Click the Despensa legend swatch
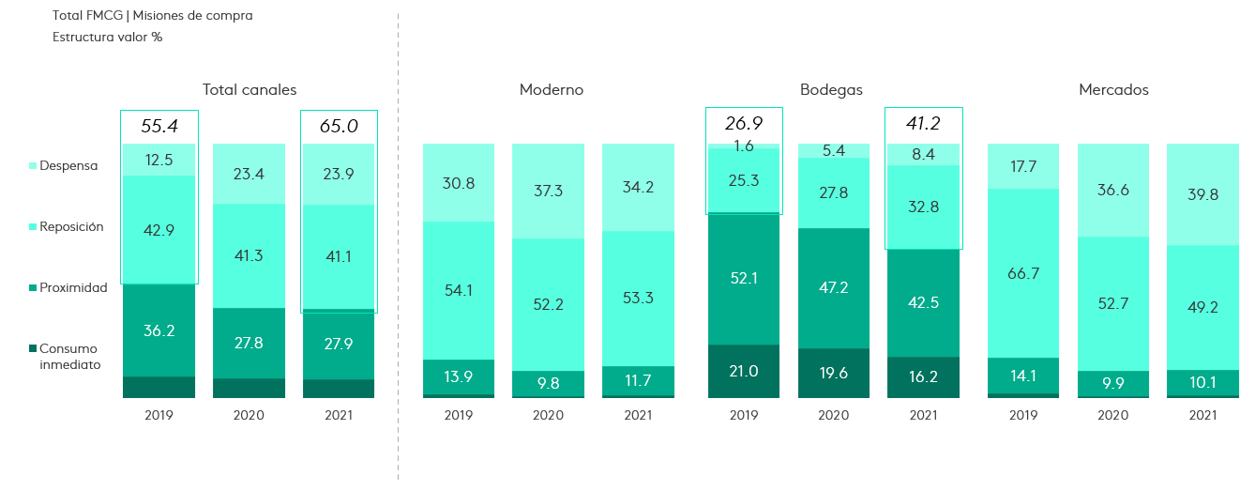point(33,166)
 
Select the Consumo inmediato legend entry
point(68,357)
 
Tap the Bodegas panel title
point(831,90)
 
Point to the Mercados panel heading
point(1113,90)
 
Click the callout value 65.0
point(339,126)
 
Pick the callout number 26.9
point(744,123)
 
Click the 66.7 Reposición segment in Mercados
point(1023,273)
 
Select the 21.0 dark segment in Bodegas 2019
point(744,371)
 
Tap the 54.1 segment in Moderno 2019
point(459,290)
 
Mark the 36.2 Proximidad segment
point(159,330)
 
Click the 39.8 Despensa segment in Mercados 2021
point(1202,194)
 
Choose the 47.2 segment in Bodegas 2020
point(833,287)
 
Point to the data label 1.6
point(744,146)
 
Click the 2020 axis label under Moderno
point(549,415)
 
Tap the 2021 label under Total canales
point(339,415)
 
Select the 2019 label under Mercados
point(1023,415)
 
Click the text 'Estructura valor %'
point(108,38)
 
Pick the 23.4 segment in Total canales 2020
point(249,174)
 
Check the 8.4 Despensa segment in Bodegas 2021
point(924,154)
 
